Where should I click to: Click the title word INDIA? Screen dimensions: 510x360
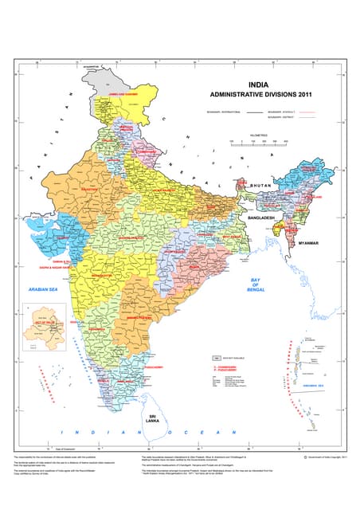tap(259, 83)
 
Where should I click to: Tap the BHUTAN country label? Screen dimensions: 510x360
tap(260, 185)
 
